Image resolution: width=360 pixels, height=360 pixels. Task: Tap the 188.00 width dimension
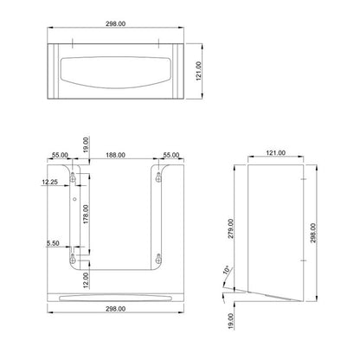(116, 156)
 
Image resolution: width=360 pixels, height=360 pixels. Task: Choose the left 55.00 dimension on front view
(61, 156)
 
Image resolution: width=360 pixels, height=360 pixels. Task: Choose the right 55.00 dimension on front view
(171, 156)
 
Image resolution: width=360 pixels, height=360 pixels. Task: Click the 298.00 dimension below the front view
(116, 331)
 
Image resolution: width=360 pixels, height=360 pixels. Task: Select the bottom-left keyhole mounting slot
(75, 256)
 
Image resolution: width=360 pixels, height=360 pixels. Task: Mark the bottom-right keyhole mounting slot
(157, 256)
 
